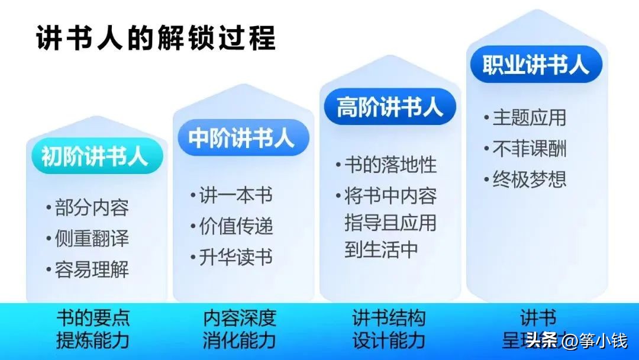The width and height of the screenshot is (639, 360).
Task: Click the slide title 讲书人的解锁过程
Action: coord(156,38)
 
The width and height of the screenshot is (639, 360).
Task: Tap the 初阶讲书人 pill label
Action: coord(94,156)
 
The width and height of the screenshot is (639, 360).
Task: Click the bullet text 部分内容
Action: coord(92,208)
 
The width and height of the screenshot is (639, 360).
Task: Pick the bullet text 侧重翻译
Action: coord(92,239)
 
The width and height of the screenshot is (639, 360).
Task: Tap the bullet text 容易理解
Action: coord(92,270)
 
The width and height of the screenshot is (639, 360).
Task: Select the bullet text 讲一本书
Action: coord(235,195)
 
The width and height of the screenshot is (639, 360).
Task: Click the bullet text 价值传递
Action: coord(235,226)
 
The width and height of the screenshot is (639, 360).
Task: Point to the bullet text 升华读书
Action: coord(235,258)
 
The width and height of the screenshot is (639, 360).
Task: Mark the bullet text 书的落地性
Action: coord(390,165)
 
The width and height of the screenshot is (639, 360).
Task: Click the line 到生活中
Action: coord(381,249)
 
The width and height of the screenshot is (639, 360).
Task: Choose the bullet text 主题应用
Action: coord(529,117)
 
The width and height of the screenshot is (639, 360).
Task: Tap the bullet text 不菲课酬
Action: coord(529,149)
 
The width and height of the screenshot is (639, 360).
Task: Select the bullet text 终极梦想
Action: coord(529,179)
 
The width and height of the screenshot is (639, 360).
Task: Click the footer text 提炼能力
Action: coord(93,340)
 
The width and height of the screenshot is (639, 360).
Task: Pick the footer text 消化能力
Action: coord(240,340)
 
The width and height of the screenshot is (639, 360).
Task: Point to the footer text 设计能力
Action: coord(389,340)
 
